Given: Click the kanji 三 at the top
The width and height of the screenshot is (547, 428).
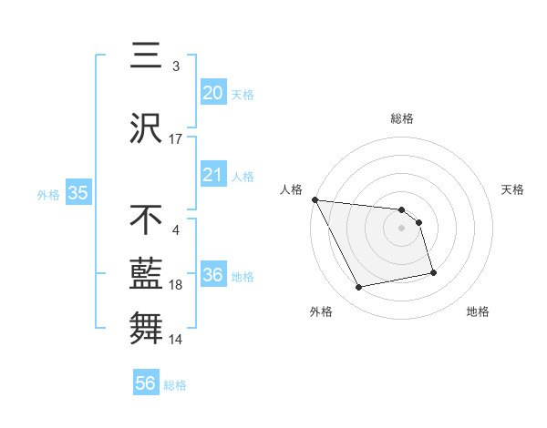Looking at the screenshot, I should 147,56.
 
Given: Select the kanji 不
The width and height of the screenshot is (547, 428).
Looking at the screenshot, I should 147,219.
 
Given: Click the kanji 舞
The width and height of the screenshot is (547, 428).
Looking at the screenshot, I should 147,327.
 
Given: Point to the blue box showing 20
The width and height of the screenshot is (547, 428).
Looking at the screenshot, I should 212,92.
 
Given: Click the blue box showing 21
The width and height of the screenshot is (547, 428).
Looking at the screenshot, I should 212,175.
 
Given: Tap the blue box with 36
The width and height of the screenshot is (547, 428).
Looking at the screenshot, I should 212,275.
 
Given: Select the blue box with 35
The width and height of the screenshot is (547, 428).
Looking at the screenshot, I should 77,193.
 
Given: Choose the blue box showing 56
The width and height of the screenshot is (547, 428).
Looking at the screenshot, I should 146,383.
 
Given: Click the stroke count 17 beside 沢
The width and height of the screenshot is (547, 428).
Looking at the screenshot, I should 176,139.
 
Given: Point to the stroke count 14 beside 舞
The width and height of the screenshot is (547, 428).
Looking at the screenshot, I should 176,339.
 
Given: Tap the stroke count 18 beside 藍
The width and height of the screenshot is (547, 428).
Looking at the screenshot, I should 176,285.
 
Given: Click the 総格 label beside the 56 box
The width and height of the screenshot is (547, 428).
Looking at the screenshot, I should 175,385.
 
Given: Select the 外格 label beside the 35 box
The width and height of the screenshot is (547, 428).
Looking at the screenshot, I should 48,194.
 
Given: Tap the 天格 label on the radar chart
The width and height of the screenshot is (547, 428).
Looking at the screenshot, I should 513,190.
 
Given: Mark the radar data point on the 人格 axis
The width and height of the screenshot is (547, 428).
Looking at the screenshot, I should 315,199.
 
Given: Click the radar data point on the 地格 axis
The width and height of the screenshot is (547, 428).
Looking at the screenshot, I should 433,272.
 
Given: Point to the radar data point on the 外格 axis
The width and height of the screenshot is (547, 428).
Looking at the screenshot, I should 359,288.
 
